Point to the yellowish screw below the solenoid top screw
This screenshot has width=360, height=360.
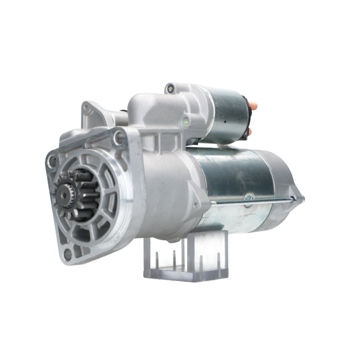tap(185, 122)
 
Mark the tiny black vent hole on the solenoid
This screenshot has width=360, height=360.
tap(225, 122)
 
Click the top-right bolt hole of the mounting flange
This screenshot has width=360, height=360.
tap(119, 137)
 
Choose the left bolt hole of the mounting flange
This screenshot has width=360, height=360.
tap(53, 161)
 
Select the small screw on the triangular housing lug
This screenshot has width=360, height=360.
tap(195, 205)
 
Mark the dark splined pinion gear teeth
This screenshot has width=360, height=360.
tap(83, 194)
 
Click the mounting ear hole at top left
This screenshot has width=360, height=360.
tap(86, 107)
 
